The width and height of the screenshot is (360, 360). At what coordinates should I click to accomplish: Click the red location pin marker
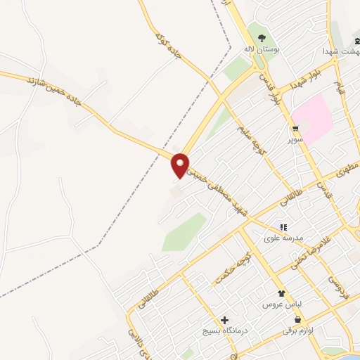tap(181, 165)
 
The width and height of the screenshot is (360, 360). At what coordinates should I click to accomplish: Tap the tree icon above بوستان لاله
tap(262, 38)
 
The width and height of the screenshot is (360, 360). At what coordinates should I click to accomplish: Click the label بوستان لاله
tap(257, 50)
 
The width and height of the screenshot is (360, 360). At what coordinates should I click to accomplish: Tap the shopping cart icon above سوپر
tap(295, 128)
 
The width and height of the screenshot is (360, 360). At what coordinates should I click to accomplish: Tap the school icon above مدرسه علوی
tap(284, 227)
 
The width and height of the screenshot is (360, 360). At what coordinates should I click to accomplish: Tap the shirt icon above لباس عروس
tap(282, 293)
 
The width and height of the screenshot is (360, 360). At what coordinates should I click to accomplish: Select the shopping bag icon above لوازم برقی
tap(298, 319)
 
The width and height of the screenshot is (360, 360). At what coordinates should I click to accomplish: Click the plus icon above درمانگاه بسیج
tap(224, 320)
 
